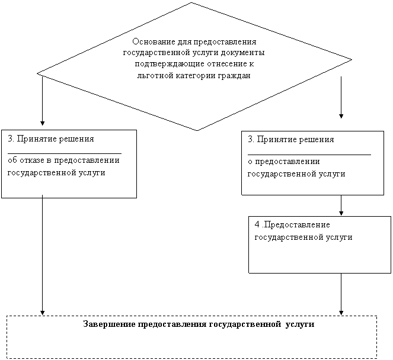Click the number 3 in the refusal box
tap(10, 139)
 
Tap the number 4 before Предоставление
tap(257, 224)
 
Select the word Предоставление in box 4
tap(297, 225)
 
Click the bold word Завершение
tap(109, 324)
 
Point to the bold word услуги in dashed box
tap(300, 324)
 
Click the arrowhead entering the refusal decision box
tap(42, 123)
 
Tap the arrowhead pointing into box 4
tap(341, 213)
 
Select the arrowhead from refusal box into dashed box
tap(42, 313)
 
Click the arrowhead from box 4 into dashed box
tap(341, 313)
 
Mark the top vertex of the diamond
tap(191, 2)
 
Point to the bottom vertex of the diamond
tap(197, 130)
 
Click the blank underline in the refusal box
tap(65, 153)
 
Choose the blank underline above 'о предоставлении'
tap(309, 155)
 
